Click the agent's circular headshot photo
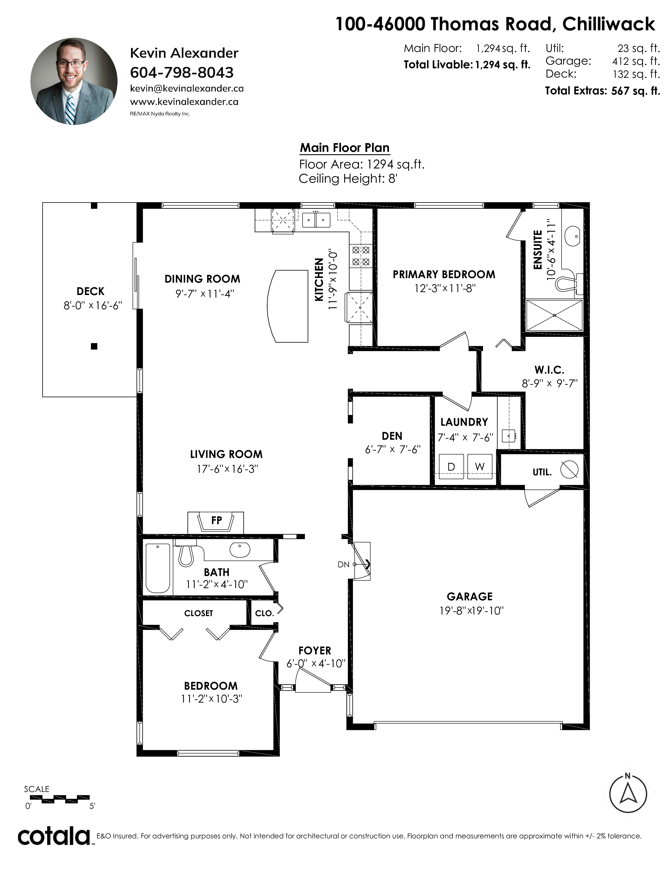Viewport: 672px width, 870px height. (74, 81)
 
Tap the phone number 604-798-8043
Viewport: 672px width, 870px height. (182, 72)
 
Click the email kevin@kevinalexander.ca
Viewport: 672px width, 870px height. (187, 88)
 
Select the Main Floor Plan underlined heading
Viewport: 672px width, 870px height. (345, 148)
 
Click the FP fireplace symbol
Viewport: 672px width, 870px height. (216, 522)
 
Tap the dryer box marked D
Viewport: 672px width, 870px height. (451, 466)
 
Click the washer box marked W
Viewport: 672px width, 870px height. (480, 466)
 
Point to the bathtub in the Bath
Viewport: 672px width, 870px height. (158, 568)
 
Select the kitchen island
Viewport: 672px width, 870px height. (288, 306)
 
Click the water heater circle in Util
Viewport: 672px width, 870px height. (569, 469)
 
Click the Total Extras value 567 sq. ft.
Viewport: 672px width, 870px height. (635, 91)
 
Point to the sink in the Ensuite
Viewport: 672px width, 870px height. (572, 237)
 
